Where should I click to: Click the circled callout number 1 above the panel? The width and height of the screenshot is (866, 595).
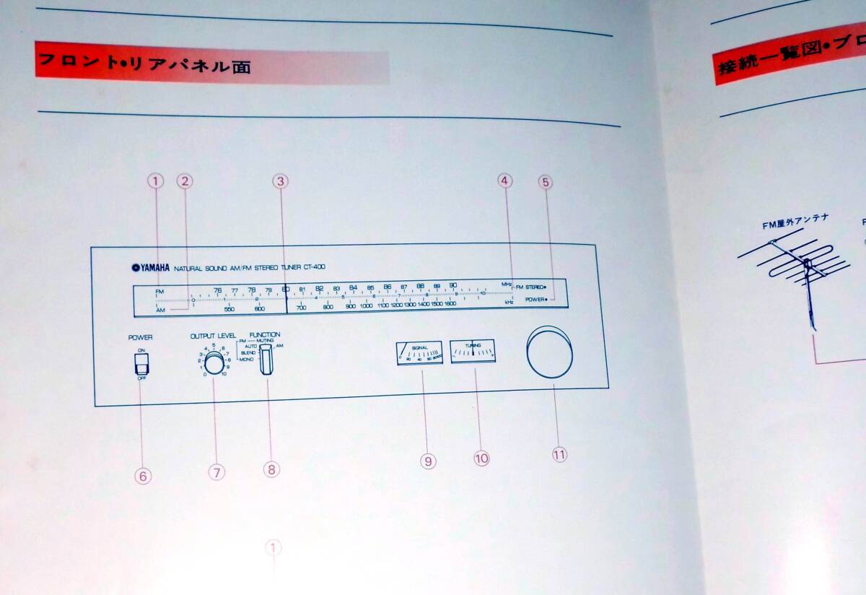click(156, 181)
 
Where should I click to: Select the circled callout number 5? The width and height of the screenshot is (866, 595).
click(546, 182)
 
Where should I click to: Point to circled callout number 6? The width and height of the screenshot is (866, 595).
click(143, 476)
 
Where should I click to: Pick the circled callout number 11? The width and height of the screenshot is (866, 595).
click(559, 454)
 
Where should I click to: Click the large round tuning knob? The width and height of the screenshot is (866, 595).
click(550, 354)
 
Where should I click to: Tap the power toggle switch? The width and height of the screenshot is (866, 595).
click(141, 365)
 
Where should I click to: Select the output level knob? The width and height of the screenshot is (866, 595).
click(214, 362)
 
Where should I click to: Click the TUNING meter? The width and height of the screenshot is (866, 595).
click(473, 352)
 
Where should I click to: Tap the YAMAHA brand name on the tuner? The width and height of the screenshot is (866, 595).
click(150, 268)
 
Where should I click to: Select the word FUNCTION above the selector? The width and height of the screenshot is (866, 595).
click(265, 335)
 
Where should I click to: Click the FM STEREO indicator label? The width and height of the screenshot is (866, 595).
click(530, 287)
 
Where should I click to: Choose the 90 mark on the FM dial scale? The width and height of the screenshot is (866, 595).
click(452, 286)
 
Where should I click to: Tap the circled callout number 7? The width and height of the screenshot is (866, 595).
click(216, 472)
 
